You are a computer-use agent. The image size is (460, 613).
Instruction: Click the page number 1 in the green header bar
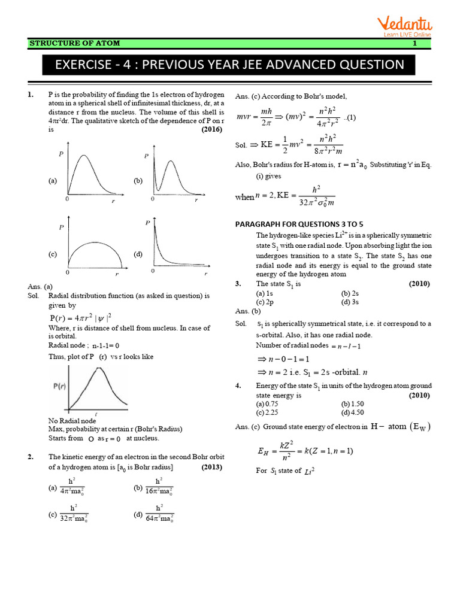click(x=414, y=44)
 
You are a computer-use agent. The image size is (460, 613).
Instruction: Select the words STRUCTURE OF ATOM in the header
click(x=75, y=44)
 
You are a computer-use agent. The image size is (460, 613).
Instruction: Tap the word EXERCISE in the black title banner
click(x=87, y=65)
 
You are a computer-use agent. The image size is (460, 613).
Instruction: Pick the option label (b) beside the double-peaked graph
click(x=137, y=180)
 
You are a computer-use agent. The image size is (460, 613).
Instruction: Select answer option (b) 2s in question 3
click(x=350, y=293)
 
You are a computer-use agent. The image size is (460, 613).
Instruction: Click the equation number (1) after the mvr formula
click(x=352, y=117)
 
